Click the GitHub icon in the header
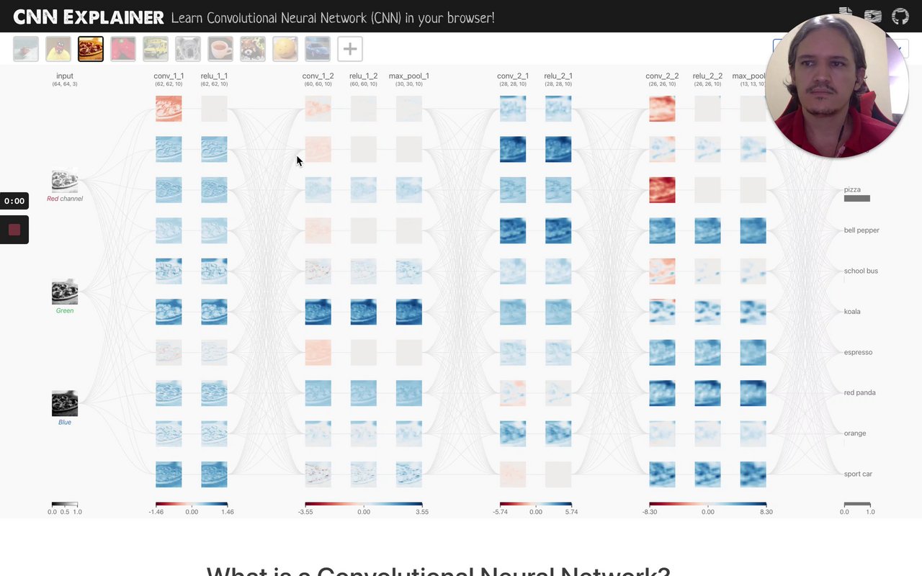900,17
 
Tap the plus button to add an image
349,49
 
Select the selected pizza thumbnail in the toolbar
91,49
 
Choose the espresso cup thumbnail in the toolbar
220,49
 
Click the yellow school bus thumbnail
156,49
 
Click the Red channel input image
65,181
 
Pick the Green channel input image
65,292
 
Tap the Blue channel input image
65,404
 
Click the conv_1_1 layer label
169,76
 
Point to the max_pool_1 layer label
408,76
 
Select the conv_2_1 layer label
513,76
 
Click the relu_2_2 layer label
707,76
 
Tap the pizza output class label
852,190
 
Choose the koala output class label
852,312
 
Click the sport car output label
858,474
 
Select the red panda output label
859,392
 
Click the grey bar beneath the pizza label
856,199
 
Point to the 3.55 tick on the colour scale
421,512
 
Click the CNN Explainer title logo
89,17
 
